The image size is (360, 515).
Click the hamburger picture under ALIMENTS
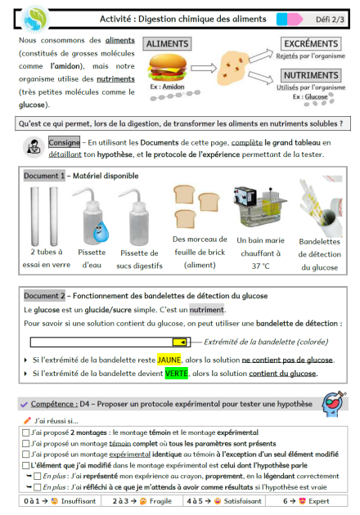click(x=168, y=67)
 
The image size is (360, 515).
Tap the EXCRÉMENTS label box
click(x=311, y=43)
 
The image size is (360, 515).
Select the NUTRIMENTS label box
click(x=311, y=75)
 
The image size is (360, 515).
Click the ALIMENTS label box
click(x=167, y=43)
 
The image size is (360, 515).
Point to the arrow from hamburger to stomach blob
click(x=204, y=68)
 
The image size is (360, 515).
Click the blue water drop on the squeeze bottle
click(x=100, y=231)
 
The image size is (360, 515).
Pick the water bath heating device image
click(x=260, y=206)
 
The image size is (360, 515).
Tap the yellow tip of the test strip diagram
click(x=181, y=343)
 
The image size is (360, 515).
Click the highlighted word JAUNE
click(x=169, y=360)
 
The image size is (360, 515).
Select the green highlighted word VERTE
click(x=177, y=374)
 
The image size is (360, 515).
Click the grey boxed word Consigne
click(x=64, y=142)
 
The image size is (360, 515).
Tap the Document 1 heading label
click(x=44, y=176)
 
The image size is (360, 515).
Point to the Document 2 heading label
click(x=44, y=296)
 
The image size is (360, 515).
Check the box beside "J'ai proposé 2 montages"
click(x=25, y=432)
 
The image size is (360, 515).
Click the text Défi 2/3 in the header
click(x=330, y=20)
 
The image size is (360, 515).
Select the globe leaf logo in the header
click(x=34, y=18)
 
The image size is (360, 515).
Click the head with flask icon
click(x=333, y=403)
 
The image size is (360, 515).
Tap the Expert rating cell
click(x=307, y=501)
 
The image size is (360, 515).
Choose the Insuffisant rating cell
click(x=60, y=501)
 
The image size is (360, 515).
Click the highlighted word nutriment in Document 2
click(x=207, y=310)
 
